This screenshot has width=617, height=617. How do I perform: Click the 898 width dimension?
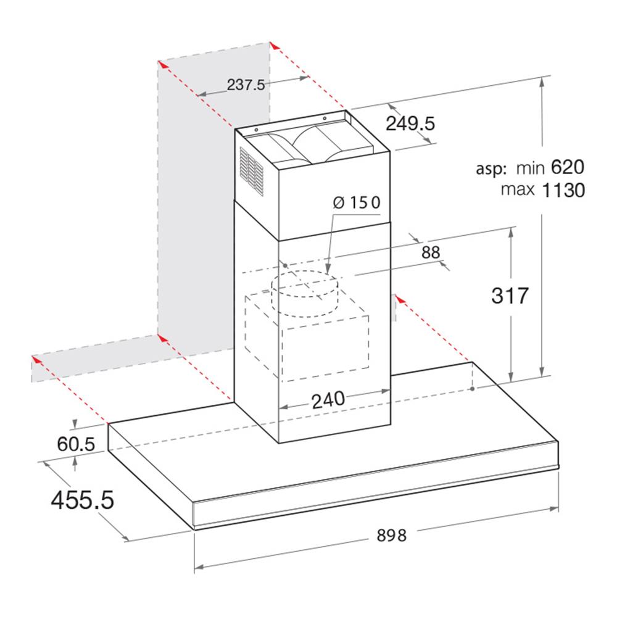pos(392,536)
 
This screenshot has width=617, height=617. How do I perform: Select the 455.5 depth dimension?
pos(82,499)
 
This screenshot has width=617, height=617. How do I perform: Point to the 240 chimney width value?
pos(328,399)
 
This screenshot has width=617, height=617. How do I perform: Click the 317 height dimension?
pos(510,296)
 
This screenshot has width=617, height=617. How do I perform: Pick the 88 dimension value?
pos(431,252)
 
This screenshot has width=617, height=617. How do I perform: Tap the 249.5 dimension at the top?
pos(410,123)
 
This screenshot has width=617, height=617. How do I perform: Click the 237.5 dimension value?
pos(246,85)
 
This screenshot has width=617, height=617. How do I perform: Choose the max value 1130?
pos(563,190)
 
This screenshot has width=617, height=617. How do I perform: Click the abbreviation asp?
pos(491,168)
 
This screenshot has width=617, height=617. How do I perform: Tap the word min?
pos(529,167)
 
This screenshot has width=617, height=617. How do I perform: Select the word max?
pos(518,189)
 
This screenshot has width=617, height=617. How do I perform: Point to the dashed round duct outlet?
pos(307,295)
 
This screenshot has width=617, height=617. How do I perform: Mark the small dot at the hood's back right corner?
pos(472,389)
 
